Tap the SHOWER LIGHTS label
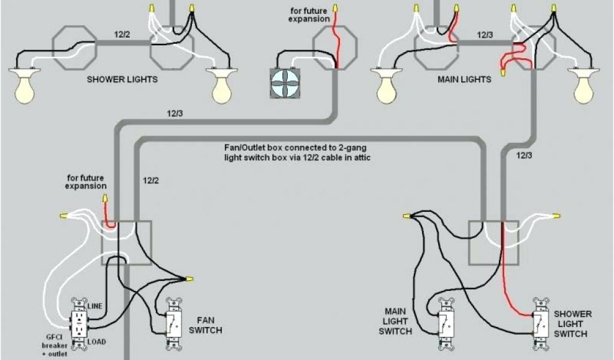[x=122, y=79]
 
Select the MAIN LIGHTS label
[x=464, y=79]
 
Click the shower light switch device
[x=541, y=323]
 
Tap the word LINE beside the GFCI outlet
[x=95, y=306]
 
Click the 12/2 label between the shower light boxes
[x=122, y=35]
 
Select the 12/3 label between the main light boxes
[x=484, y=35]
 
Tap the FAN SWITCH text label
[x=205, y=325]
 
